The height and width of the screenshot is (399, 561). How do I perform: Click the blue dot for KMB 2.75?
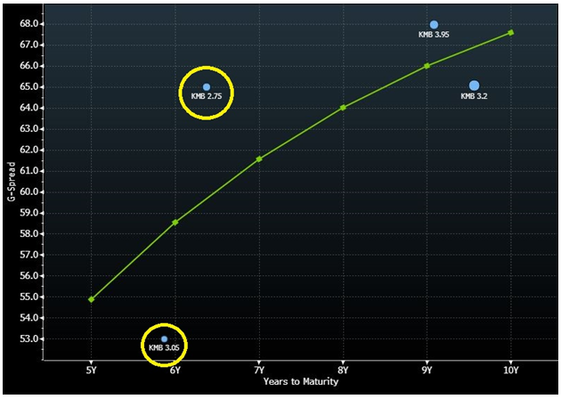[x=207, y=87]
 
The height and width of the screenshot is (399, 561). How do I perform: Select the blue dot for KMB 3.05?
[x=165, y=338]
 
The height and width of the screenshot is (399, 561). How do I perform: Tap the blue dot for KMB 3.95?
[x=434, y=25]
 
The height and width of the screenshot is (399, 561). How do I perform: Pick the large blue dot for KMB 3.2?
[x=474, y=85]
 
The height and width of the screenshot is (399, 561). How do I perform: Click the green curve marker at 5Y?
[x=92, y=299]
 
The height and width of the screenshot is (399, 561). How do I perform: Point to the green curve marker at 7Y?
[x=259, y=159]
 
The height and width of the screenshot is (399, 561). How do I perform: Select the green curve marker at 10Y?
[x=511, y=32]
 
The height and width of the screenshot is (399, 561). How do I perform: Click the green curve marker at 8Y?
[x=343, y=108]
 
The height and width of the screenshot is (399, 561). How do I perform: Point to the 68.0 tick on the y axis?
[x=31, y=24]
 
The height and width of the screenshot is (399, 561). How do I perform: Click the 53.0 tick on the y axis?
[x=31, y=338]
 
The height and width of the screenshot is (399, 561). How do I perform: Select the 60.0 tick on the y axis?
[x=31, y=191]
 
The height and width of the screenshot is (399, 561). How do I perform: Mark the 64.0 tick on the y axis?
[x=31, y=108]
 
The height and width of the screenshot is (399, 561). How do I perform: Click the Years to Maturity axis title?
[x=301, y=382]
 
